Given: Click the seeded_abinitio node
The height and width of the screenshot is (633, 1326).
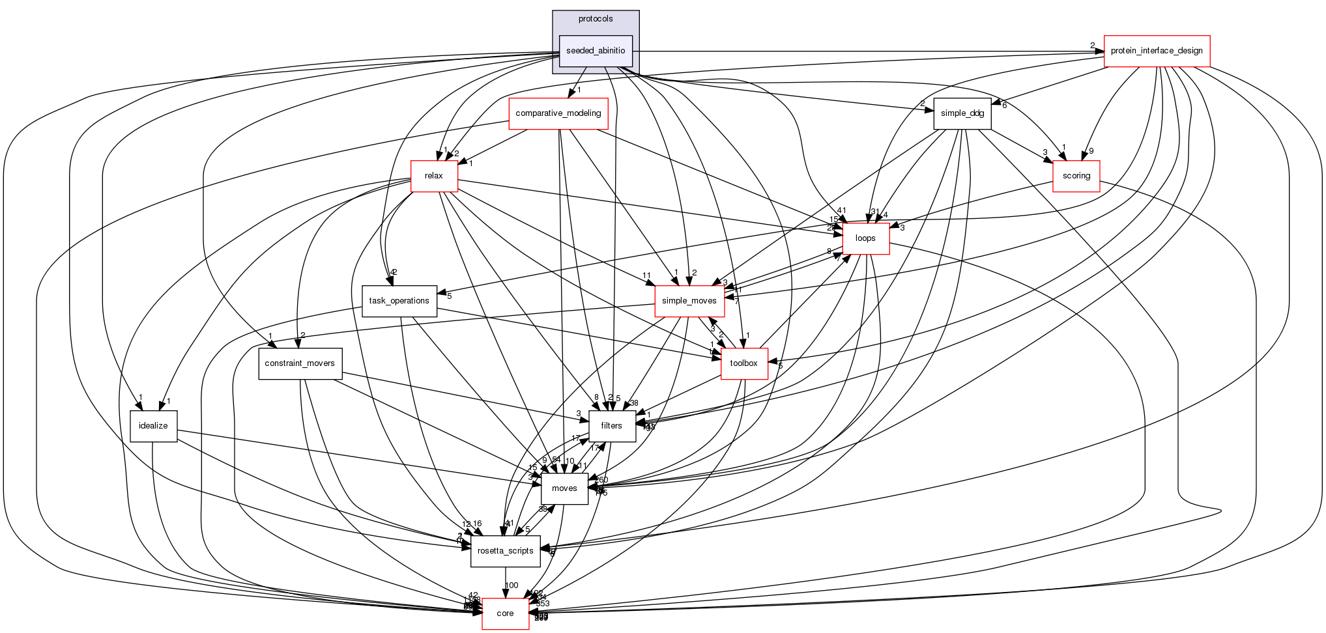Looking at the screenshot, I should click(596, 51).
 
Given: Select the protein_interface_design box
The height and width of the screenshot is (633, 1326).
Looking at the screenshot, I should click(1157, 51).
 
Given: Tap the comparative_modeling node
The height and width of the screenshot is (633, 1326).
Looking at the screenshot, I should click(558, 113).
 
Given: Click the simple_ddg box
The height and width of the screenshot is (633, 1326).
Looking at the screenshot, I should click(962, 113).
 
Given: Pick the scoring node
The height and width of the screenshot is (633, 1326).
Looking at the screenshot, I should click(1076, 176).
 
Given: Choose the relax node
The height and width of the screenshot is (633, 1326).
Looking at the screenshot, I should click(433, 176).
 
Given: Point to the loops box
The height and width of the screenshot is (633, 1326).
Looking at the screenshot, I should click(865, 238).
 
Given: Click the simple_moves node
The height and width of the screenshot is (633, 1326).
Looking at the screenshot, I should click(689, 301).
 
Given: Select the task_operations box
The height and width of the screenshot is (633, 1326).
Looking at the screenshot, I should click(399, 301).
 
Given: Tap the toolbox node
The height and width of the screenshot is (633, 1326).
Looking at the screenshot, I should click(743, 363).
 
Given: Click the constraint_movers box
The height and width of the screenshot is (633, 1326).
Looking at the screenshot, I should click(300, 363).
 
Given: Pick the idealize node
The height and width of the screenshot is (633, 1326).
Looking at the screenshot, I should click(153, 426).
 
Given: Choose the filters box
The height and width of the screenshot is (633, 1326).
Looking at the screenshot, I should click(611, 426).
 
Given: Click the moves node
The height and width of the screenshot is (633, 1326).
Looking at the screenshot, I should click(564, 488).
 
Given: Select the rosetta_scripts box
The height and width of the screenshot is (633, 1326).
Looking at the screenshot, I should click(505, 551).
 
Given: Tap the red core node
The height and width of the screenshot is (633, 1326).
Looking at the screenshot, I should click(505, 613).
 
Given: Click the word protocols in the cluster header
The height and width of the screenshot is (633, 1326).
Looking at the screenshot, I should click(596, 19).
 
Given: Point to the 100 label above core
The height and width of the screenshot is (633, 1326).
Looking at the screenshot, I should click(512, 585).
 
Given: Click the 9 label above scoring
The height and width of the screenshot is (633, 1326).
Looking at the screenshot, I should click(1091, 151).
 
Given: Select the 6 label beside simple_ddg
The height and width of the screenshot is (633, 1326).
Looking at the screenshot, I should click(1004, 105).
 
